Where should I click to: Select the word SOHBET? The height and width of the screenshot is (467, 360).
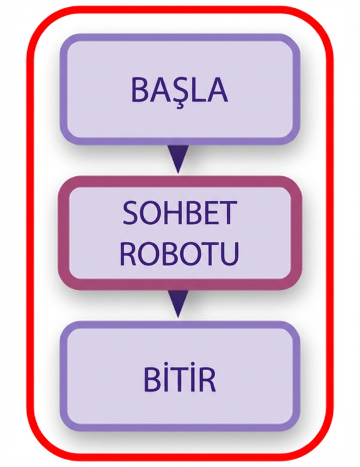[180, 213]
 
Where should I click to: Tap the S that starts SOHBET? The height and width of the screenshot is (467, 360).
[131, 213]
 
